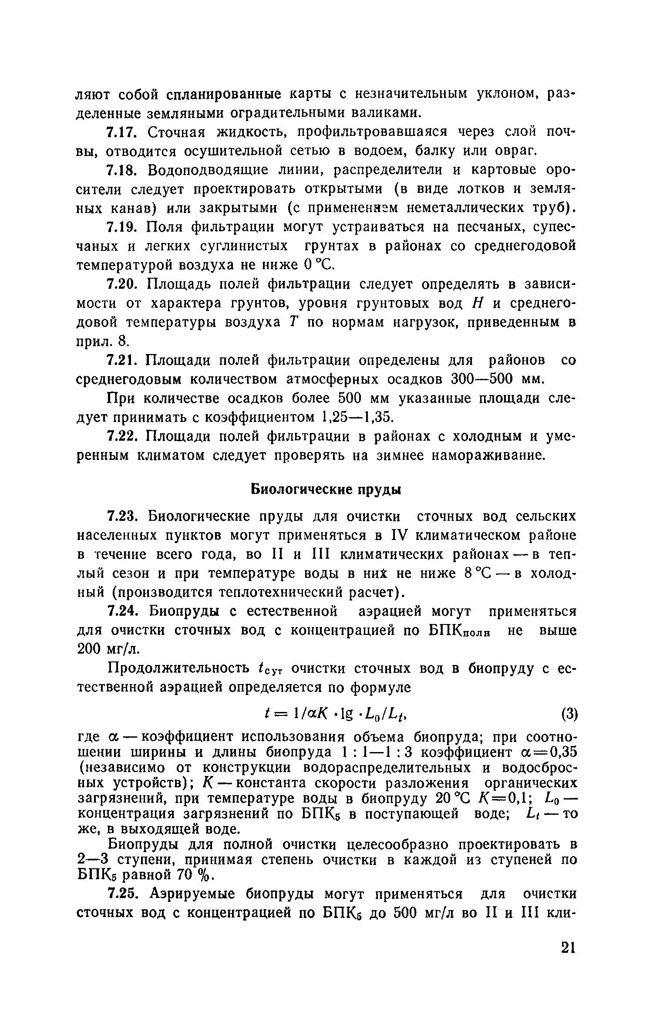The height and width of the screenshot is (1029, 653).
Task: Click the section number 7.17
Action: click(122, 132)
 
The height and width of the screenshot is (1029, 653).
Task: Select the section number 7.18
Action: click(122, 170)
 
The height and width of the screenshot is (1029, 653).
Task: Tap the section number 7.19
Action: click(122, 227)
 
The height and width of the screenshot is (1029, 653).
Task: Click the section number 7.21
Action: click(122, 361)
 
